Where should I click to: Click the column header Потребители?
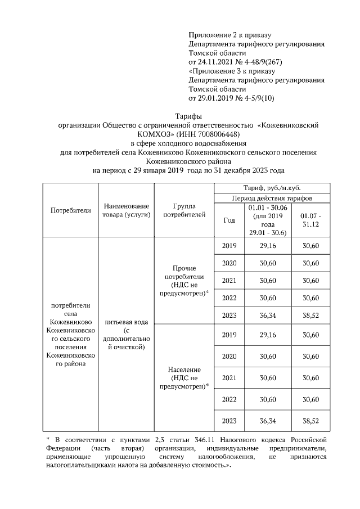[70, 210]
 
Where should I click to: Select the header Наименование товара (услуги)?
[125, 210]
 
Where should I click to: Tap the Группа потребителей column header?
[184, 210]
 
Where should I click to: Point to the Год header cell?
[229, 220]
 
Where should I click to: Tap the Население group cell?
[184, 377]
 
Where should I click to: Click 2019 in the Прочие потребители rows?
[229, 246]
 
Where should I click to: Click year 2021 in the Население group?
[229, 378]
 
